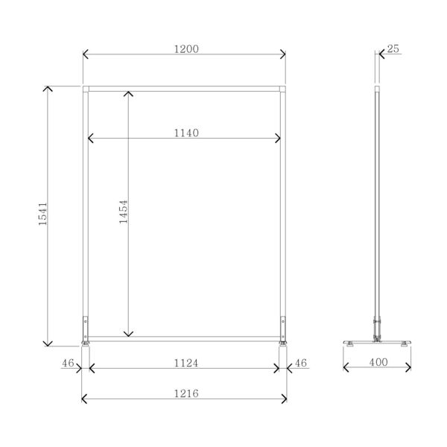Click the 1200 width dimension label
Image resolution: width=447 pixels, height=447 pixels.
coord(186,49)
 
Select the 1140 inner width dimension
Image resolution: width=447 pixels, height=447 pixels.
coord(186,133)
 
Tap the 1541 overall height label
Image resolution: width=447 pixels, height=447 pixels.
coord(42,214)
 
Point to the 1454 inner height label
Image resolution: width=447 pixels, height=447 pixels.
coord(124,212)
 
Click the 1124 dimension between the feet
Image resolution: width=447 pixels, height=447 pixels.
coord(186,363)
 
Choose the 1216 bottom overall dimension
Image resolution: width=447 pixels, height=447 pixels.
coord(186,393)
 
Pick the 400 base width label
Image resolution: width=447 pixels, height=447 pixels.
coord(378,362)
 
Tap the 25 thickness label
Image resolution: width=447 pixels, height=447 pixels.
coord(393,48)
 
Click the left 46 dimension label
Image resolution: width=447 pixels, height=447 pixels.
coord(68,363)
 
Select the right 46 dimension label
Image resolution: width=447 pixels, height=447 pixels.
coord(301,363)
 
